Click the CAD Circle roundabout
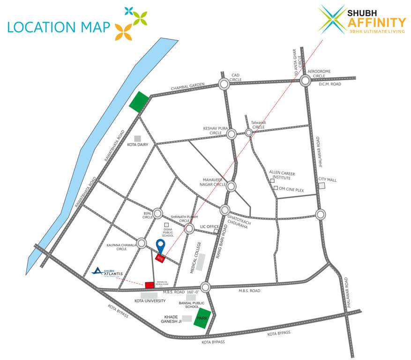(224, 84)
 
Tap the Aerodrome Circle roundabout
(305, 80)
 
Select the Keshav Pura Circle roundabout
(232, 134)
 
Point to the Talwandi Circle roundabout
(249, 133)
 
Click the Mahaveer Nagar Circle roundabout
(232, 186)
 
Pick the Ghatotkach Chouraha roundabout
(225, 210)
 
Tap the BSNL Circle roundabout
(158, 213)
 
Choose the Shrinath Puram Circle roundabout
(189, 229)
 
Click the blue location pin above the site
(160, 245)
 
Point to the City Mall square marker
(322, 186)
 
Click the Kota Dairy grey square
(138, 138)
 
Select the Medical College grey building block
(201, 262)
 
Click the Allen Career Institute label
(282, 175)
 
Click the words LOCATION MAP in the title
(58, 27)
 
